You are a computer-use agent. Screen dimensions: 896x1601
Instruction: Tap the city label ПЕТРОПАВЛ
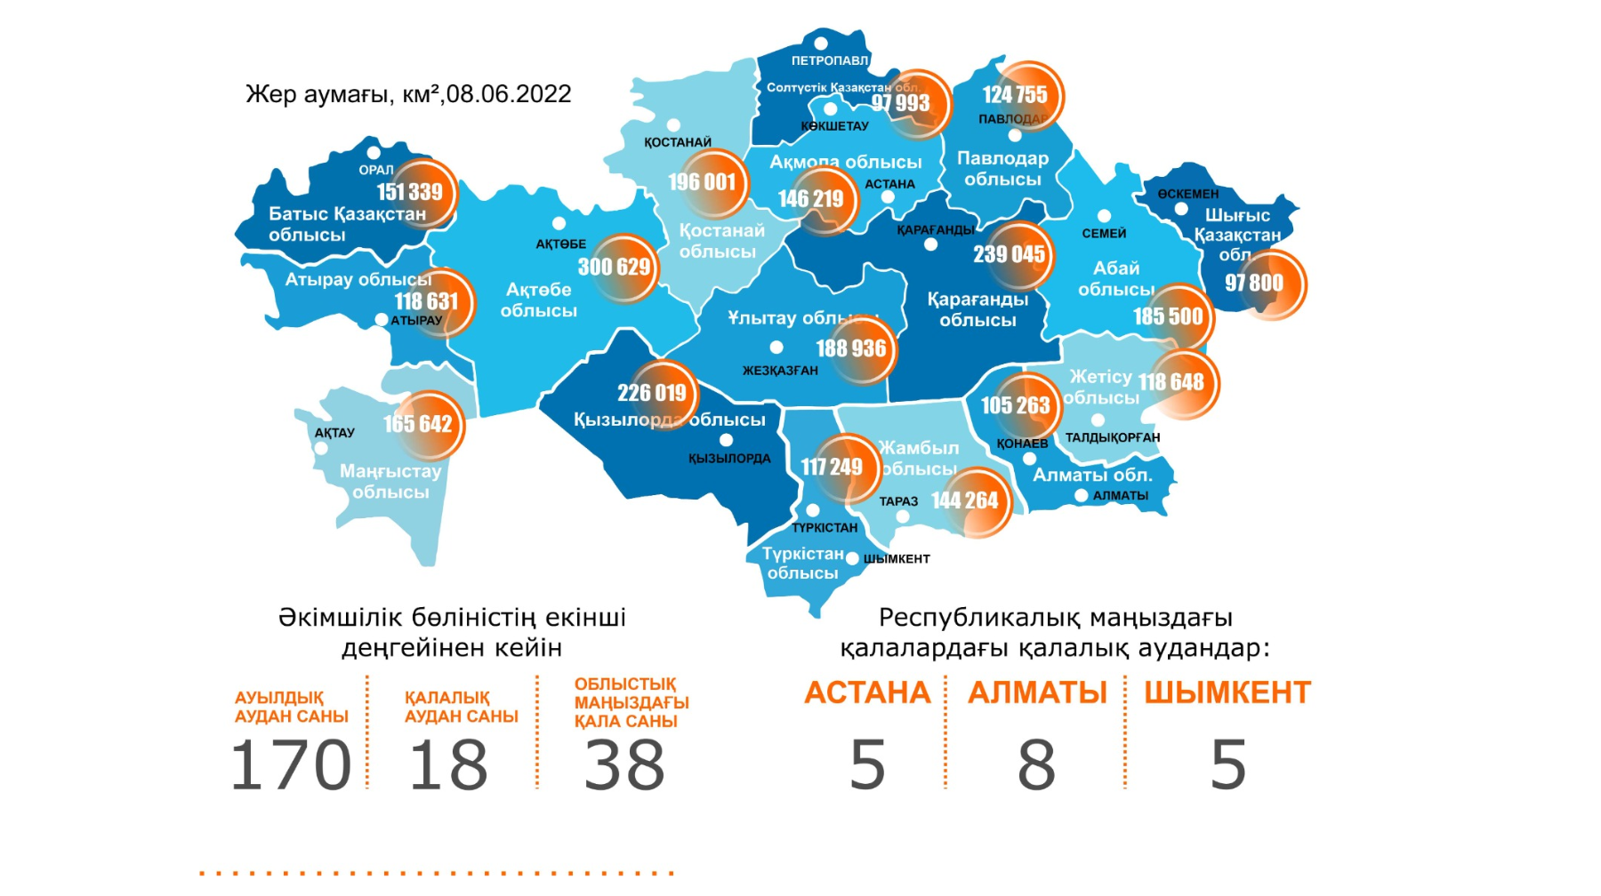[x=829, y=60]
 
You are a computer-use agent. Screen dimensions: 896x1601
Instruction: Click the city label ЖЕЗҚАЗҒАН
[x=780, y=371]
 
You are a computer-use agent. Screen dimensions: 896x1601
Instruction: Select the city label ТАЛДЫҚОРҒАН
[x=1113, y=437]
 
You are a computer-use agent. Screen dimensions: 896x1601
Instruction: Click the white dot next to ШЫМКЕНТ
[x=852, y=559]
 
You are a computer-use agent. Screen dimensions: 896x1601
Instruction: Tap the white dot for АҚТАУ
[x=321, y=448]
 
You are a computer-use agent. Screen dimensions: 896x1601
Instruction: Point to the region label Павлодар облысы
[x=1002, y=169]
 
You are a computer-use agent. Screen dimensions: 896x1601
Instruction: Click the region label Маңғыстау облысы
[x=390, y=482]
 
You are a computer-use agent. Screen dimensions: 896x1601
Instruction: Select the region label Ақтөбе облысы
[x=538, y=300]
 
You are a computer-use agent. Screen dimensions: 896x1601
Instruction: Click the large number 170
[x=291, y=765]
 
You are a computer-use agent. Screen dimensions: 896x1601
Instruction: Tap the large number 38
[x=624, y=765]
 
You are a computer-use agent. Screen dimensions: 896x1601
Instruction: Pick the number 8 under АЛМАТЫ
[x=1036, y=765]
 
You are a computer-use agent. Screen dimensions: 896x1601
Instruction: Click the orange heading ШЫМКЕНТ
[x=1227, y=692]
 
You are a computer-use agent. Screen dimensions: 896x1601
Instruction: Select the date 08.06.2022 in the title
[x=509, y=94]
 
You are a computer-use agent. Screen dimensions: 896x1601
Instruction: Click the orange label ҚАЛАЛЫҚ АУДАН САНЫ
[x=461, y=707]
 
